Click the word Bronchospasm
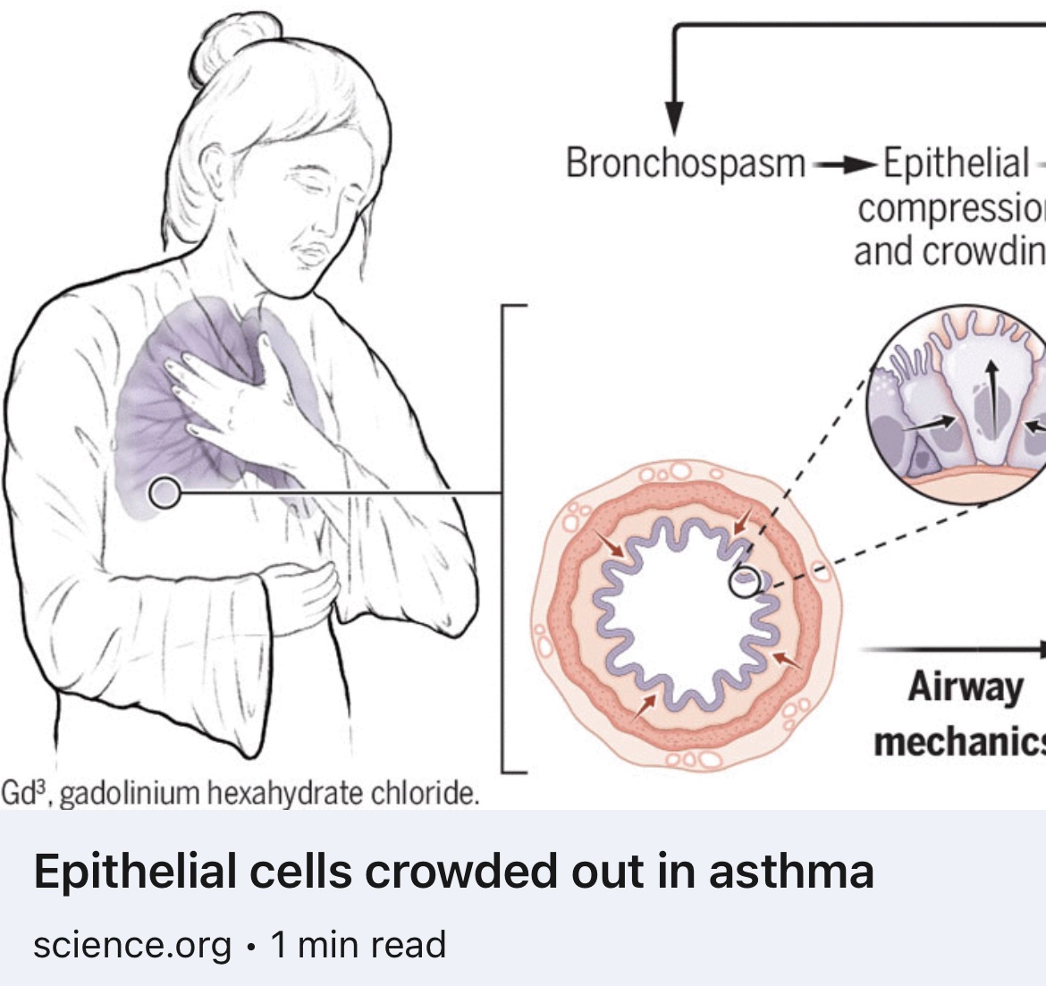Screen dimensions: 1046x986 coord(685,164)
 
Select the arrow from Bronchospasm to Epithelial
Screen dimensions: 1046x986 coord(844,164)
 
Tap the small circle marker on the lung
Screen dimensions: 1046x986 coord(164,492)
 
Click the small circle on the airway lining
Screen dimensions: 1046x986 coord(745,582)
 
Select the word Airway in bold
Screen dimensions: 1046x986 coord(965,687)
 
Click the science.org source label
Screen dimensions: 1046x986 coord(132,945)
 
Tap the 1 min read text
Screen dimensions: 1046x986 coord(358,945)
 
